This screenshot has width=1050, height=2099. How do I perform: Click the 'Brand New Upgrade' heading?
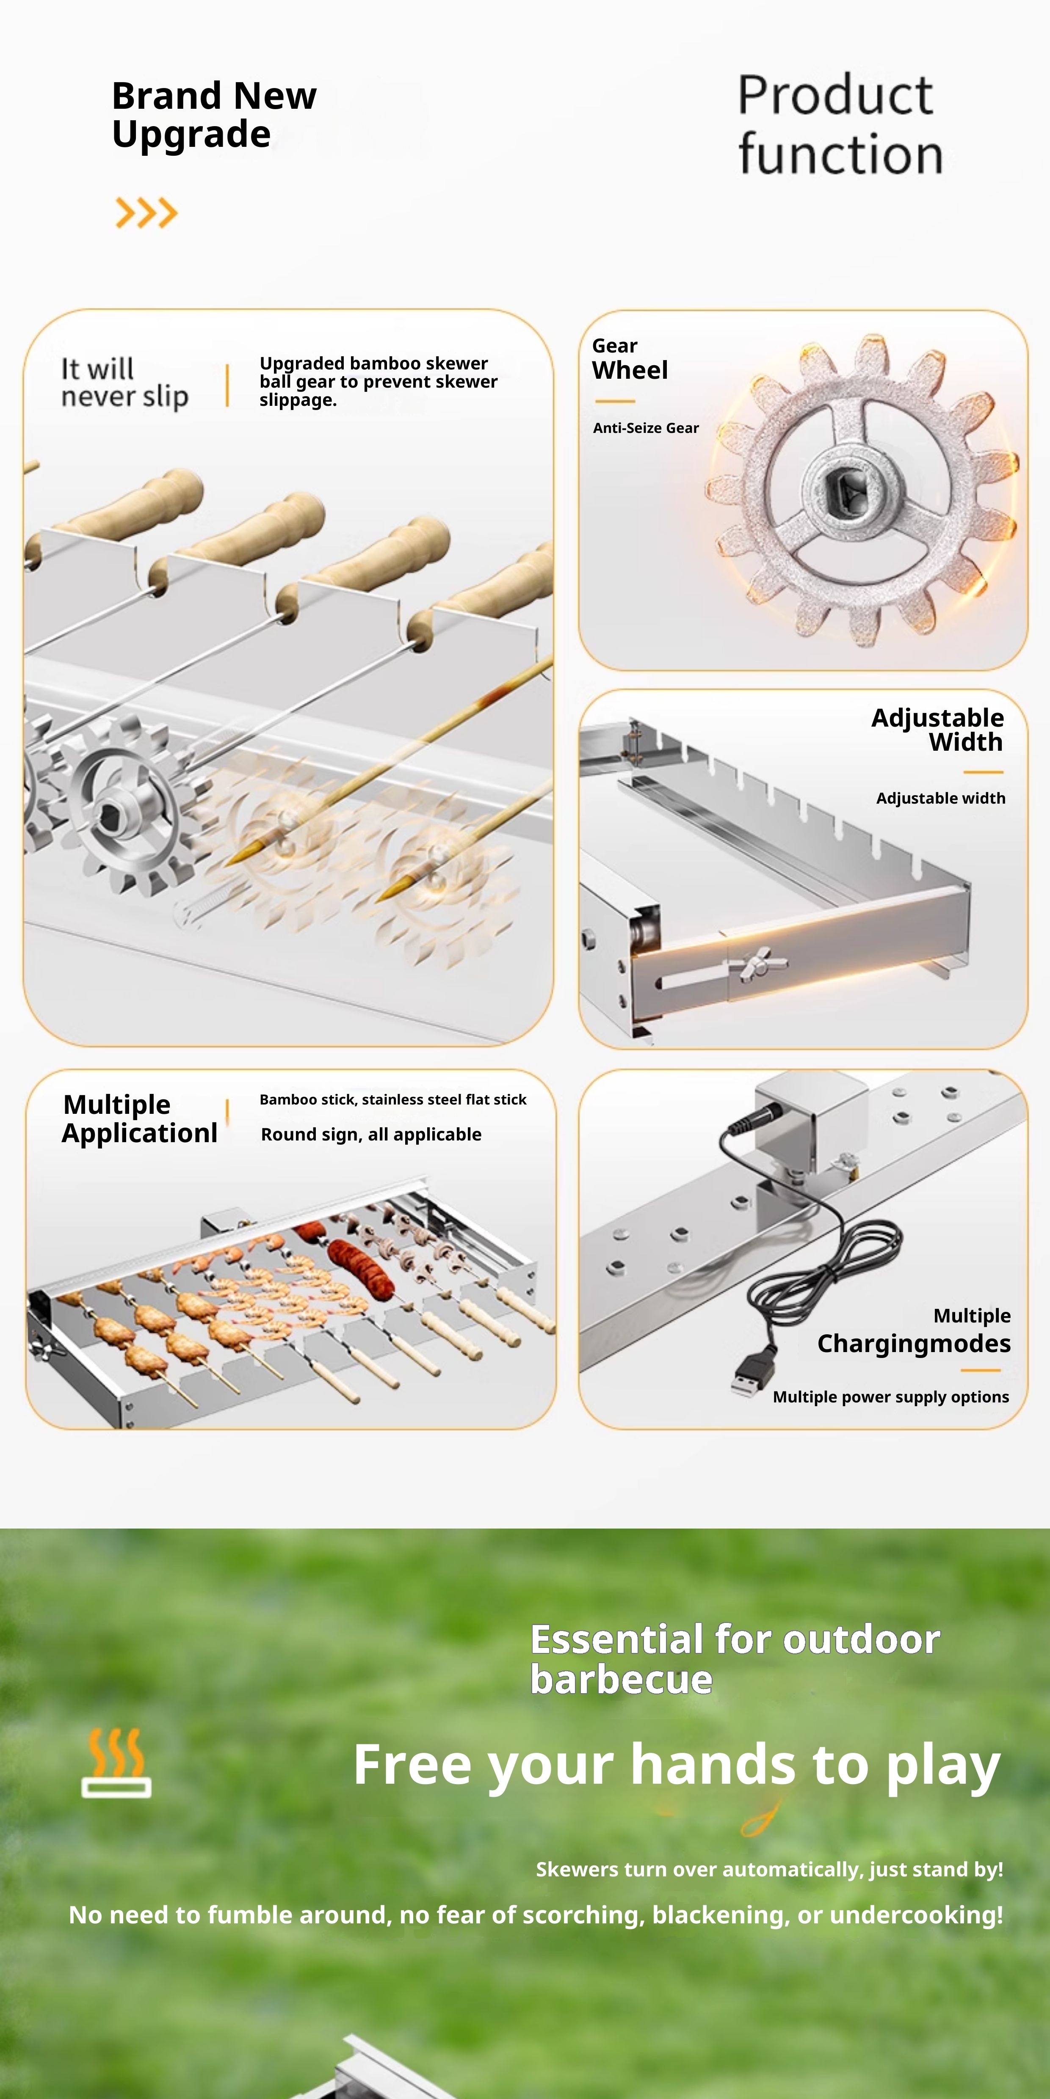(213, 115)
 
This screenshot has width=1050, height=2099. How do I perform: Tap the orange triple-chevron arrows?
(147, 213)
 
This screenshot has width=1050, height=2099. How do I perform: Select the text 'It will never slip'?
(125, 383)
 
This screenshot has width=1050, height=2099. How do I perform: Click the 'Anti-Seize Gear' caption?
(646, 428)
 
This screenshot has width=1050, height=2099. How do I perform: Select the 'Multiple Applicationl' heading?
(139, 1119)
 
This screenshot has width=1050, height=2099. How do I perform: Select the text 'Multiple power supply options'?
(891, 1397)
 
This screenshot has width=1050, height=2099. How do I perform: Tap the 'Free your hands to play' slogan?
(677, 1765)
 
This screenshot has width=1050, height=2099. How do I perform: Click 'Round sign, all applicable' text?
(371, 1134)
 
